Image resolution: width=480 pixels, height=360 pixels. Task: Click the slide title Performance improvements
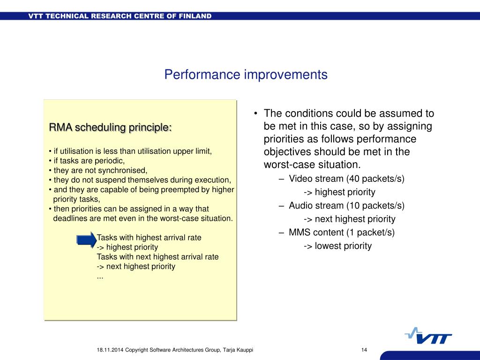click(246, 75)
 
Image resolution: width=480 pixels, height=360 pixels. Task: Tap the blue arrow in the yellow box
click(87, 240)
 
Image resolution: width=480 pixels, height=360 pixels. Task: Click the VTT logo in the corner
click(428, 336)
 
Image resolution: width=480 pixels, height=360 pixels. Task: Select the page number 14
click(364, 350)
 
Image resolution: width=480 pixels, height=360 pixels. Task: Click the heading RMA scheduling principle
click(110, 127)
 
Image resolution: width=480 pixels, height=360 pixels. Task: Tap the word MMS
click(300, 232)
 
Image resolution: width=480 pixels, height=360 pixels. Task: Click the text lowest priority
click(343, 246)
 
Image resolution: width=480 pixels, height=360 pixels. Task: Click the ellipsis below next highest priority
click(100, 277)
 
